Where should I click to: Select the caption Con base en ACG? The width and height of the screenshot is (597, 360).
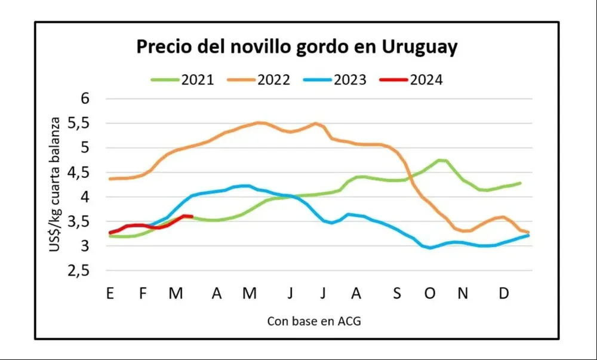coord(314,321)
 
